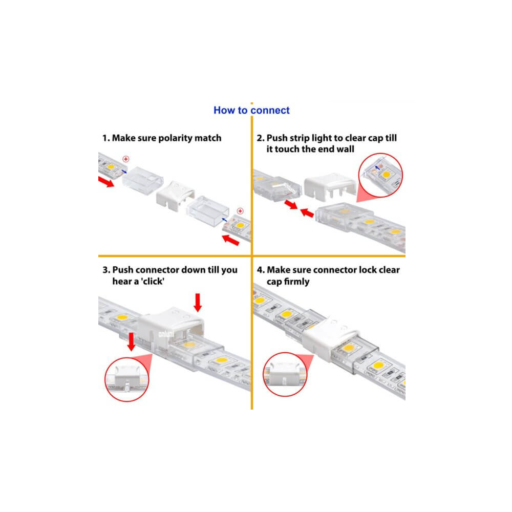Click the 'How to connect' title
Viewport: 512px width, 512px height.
(x=251, y=111)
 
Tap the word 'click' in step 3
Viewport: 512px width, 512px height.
(x=153, y=281)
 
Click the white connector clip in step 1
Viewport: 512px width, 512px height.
(x=175, y=195)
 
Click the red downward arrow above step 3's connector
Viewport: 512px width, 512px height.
(x=198, y=303)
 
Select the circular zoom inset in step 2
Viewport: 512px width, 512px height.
(x=380, y=175)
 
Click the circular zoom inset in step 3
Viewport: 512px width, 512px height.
(x=126, y=379)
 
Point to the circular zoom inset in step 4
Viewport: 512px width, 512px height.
(x=285, y=374)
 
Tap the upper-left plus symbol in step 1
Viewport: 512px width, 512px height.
(x=126, y=159)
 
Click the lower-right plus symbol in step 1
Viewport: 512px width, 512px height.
(x=240, y=211)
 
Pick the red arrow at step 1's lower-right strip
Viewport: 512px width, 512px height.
(x=230, y=240)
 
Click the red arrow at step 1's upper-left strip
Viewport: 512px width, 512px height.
(x=106, y=182)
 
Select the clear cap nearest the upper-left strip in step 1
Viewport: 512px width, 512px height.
(x=143, y=181)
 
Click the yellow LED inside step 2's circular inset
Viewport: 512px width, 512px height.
(x=386, y=175)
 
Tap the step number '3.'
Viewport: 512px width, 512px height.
(x=106, y=270)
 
